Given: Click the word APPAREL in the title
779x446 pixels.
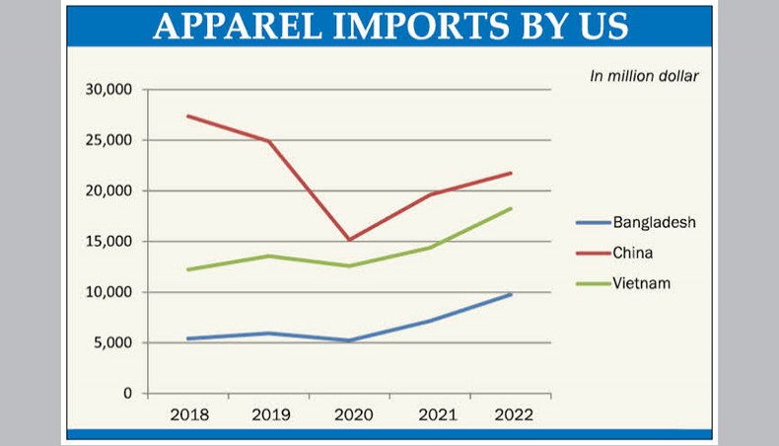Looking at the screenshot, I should pos(236,27).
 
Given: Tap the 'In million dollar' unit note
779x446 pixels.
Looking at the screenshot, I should pos(644,77).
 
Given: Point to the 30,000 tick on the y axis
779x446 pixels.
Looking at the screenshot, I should pos(109,90).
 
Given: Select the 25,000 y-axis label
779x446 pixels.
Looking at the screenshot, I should pos(109,140).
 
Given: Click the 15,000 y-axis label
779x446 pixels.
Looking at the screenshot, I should pos(109,242).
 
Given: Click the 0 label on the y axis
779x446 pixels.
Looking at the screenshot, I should pos(127,394).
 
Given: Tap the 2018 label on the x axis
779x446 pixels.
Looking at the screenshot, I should pos(188,415).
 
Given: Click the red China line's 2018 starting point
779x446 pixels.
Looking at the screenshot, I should pos(188,116).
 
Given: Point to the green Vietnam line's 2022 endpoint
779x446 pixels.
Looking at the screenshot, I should pos(511,208).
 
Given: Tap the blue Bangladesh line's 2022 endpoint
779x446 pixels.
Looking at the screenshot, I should pos(511,294).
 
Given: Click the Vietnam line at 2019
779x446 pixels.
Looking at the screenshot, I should pos(269,257).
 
